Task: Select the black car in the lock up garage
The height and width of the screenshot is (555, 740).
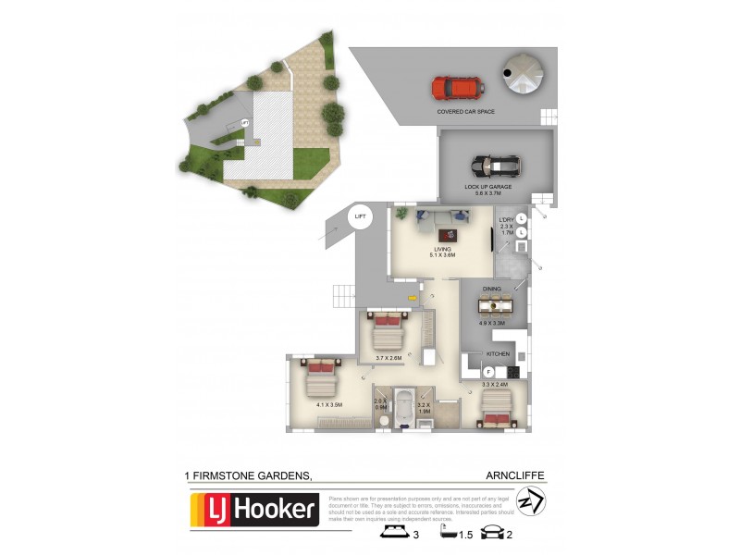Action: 496,166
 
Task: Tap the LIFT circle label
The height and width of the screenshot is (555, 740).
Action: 361,216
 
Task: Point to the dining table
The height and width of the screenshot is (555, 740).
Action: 492,305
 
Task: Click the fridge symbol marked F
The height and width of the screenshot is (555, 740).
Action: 487,372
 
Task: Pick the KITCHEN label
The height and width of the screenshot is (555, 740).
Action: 499,353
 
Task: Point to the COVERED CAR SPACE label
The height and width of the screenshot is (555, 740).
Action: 466,112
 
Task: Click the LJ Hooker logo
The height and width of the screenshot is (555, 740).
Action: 254,511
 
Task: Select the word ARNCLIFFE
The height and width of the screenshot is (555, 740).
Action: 515,475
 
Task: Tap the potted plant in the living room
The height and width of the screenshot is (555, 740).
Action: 401,215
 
